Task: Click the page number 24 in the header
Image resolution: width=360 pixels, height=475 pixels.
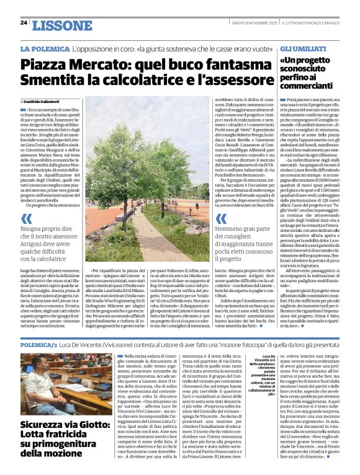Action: coord(24,22)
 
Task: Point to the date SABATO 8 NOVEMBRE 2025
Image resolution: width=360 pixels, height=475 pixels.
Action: coord(244,24)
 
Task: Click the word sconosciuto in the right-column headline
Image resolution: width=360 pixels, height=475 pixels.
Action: coord(307,72)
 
